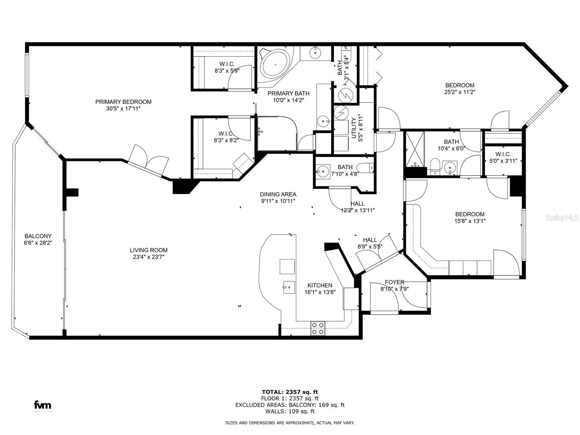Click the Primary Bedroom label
(x=123, y=102)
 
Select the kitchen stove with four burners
(x=318, y=328)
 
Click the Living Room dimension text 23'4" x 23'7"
(x=149, y=257)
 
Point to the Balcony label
(x=38, y=236)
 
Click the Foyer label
(x=394, y=282)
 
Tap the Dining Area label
(x=278, y=194)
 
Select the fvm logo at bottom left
(x=42, y=405)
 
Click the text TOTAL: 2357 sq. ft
(x=290, y=392)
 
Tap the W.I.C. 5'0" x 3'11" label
(x=503, y=154)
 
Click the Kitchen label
(x=320, y=285)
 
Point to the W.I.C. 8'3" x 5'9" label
(x=227, y=64)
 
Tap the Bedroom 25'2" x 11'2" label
(x=460, y=86)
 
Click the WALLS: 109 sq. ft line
(x=290, y=411)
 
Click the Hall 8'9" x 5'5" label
(x=370, y=240)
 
